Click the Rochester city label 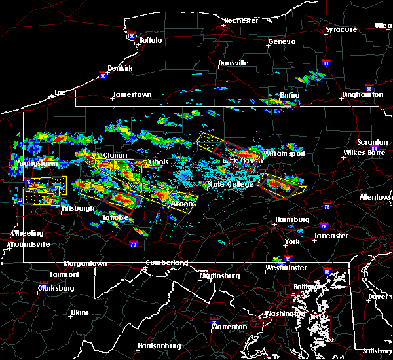click(240, 20)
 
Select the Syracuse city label click(342, 29)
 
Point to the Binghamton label click(362, 95)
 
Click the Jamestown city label click(132, 94)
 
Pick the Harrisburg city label click(292, 219)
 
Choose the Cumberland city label click(166, 262)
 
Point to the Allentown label click(375, 196)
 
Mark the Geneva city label click(282, 42)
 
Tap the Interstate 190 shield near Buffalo click(131, 37)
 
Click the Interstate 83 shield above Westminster click(288, 260)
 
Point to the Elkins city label click(79, 312)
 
